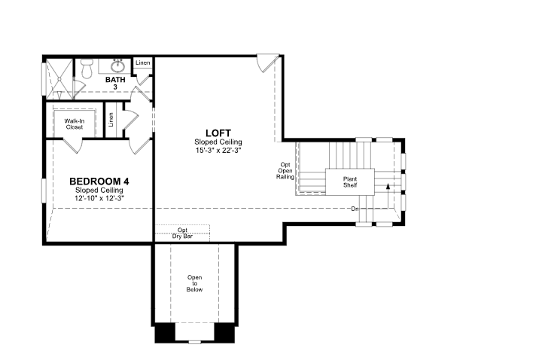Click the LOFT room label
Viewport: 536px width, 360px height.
pyautogui.click(x=218, y=133)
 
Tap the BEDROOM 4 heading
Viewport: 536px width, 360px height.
pyautogui.click(x=99, y=182)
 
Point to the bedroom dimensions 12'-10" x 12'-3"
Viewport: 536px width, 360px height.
pyautogui.click(x=99, y=198)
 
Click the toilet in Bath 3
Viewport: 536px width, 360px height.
pyautogui.click(x=87, y=68)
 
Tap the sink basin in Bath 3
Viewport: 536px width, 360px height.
pyautogui.click(x=118, y=66)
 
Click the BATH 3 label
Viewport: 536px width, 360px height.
pyautogui.click(x=115, y=83)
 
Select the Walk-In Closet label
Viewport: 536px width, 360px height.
pyautogui.click(x=75, y=124)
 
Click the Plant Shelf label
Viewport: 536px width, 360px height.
pyautogui.click(x=350, y=182)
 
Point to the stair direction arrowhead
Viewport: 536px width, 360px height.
pyautogui.click(x=388, y=186)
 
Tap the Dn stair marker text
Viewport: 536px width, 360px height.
pyautogui.click(x=355, y=209)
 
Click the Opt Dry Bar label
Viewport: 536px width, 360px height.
pyautogui.click(x=182, y=233)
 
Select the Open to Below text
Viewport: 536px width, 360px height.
pyautogui.click(x=194, y=283)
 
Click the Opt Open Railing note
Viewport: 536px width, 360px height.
pyautogui.click(x=285, y=171)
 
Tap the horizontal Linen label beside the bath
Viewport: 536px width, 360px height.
pyautogui.click(x=142, y=63)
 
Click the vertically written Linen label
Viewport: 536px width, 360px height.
pyautogui.click(x=111, y=120)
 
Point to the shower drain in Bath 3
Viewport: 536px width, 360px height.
pyautogui.click(x=59, y=79)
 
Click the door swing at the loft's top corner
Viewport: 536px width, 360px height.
pyautogui.click(x=268, y=63)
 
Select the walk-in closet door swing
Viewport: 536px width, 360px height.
pyautogui.click(x=72, y=145)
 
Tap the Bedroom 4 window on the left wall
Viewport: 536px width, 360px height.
pyautogui.click(x=44, y=191)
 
